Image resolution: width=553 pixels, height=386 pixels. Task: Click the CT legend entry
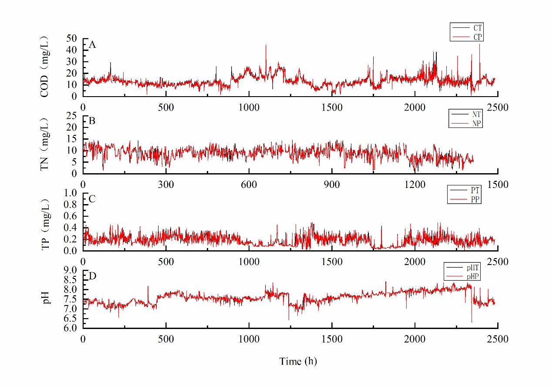(477, 28)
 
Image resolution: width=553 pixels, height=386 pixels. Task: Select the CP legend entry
(477, 37)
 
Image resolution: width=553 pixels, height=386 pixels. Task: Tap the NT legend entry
(476, 114)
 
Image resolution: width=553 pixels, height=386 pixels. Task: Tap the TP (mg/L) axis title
(45, 222)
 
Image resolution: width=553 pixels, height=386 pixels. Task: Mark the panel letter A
(92, 44)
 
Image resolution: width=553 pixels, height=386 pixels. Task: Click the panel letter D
(92, 276)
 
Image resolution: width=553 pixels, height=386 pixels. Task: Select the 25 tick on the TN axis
(72, 116)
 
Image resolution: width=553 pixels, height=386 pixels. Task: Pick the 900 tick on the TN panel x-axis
(332, 185)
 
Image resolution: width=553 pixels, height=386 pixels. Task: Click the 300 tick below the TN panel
(166, 185)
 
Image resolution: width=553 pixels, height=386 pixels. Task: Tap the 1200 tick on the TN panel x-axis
(415, 185)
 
